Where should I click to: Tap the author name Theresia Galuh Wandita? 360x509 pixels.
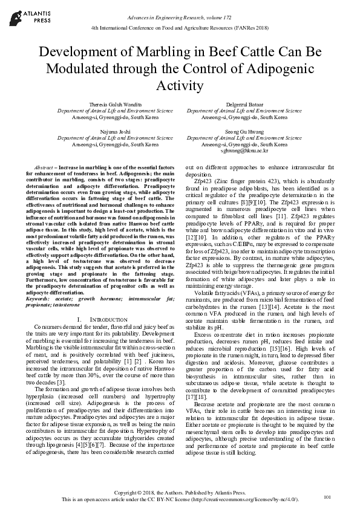115,105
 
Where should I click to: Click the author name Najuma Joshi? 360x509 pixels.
115,131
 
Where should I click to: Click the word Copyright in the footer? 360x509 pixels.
133,494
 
